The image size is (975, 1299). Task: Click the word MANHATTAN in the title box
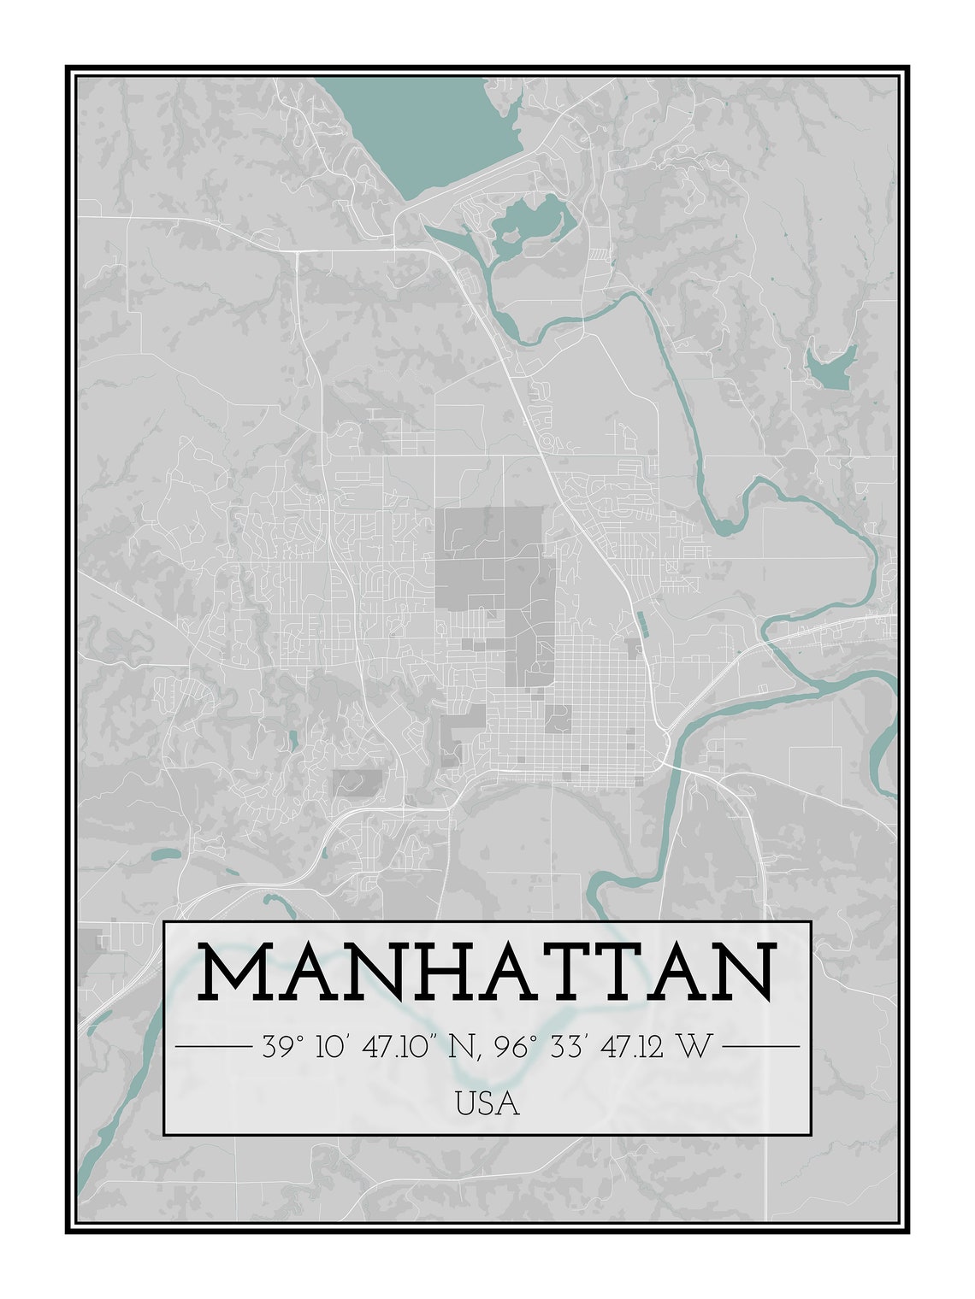487,972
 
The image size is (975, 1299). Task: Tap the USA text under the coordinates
487,1104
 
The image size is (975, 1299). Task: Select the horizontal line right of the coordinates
761,1046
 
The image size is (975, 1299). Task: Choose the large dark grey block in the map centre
487,555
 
